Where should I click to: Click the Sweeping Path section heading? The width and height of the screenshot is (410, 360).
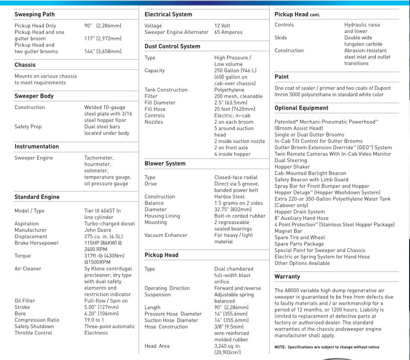click(35, 15)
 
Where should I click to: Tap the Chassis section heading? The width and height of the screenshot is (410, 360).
click(25, 65)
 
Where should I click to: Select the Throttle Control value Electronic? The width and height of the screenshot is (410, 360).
click(97, 333)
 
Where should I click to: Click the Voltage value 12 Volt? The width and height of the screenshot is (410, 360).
click(226, 26)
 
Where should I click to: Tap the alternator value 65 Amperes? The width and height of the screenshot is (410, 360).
click(228, 32)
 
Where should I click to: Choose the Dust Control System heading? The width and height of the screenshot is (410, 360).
click(172, 47)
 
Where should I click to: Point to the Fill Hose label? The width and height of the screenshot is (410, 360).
click(155, 109)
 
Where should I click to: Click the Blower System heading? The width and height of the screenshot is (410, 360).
click(165, 163)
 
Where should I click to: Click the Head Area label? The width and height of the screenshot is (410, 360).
click(157, 346)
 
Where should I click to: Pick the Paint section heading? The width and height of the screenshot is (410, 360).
click(281, 77)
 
